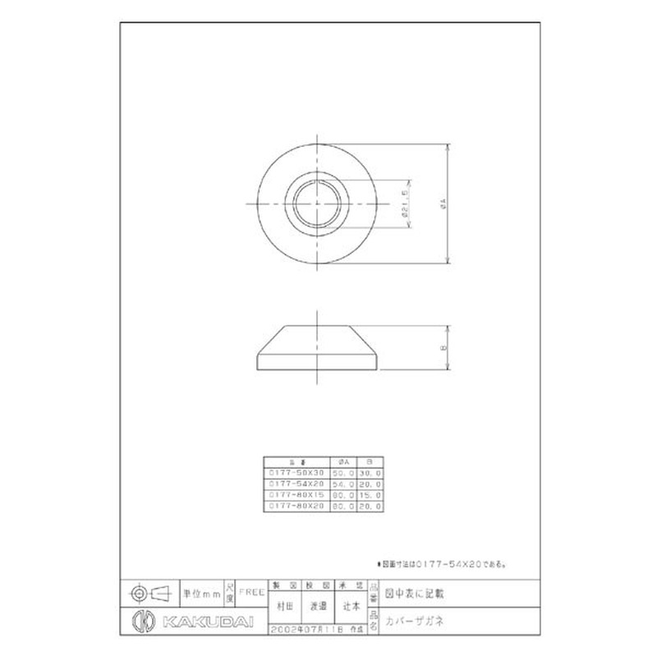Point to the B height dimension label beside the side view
pos(444,348)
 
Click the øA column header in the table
pos(344,462)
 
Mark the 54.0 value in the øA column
pos(344,485)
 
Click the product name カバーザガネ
pos(416,620)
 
